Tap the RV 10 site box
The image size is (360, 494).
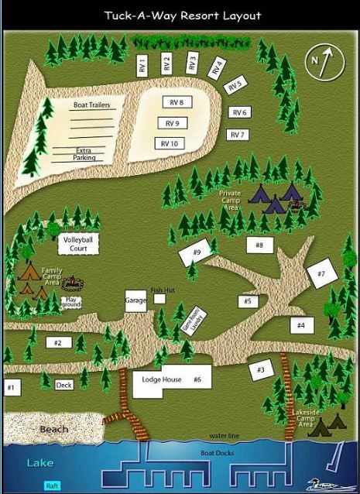coord(170,142)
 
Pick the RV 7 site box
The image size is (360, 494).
coord(238,135)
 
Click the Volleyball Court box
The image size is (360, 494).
coord(77,245)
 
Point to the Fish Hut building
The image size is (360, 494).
coord(159,298)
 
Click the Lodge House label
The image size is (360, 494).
coord(162,379)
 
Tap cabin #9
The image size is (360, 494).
coord(196,252)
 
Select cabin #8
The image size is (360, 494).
coord(260,245)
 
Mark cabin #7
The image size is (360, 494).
coord(320,274)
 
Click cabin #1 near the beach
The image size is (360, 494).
coord(12,387)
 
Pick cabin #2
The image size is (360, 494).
coord(58,342)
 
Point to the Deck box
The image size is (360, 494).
coord(64,385)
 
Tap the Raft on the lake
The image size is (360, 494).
coord(53,485)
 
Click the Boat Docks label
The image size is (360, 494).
coord(217,453)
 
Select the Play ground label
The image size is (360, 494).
coord(71,301)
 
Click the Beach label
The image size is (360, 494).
coord(54,428)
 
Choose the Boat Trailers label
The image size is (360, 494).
coord(92,105)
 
